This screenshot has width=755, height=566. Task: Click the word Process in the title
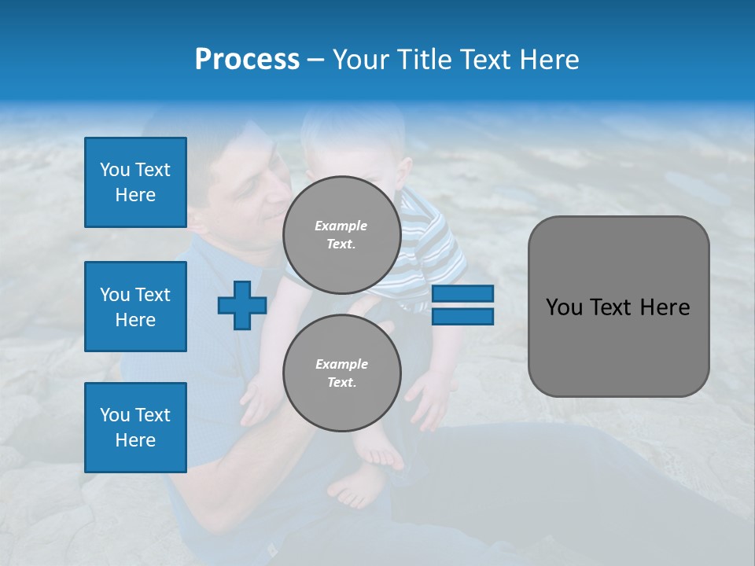247,60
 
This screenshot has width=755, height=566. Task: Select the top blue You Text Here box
135,182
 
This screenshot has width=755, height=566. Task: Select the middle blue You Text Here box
135,307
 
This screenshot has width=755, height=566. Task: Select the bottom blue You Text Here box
135,428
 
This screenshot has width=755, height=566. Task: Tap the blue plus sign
242,306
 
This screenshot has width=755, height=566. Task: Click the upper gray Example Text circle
341,234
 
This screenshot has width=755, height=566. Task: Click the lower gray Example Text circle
341,373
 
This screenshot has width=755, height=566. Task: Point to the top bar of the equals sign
462,294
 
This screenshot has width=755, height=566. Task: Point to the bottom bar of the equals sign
462,317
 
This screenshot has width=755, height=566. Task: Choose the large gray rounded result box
618,307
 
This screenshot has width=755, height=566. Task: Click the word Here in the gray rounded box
665,307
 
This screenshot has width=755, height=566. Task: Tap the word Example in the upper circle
341,226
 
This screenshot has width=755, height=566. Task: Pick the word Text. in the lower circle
341,382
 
